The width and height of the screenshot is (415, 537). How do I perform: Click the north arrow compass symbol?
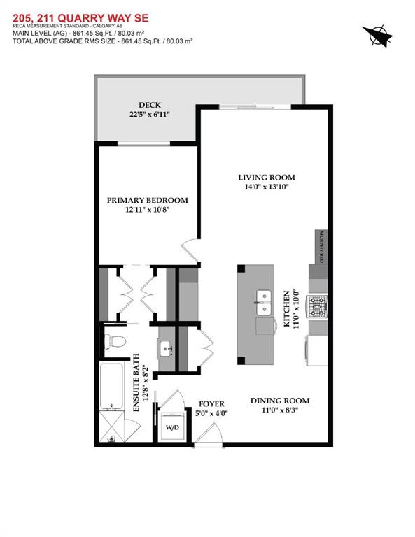[377, 36]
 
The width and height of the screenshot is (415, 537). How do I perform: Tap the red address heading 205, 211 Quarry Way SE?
[81, 18]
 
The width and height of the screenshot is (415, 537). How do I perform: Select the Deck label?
[150, 105]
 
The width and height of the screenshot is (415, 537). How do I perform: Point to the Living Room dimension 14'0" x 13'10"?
[267, 187]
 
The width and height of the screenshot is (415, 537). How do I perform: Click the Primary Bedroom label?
[148, 201]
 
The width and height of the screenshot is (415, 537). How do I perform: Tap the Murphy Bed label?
[321, 247]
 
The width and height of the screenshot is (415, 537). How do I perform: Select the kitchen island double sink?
[264, 303]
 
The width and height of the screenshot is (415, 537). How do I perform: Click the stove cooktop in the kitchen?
[317, 307]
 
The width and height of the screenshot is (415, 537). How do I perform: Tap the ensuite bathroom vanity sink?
[167, 349]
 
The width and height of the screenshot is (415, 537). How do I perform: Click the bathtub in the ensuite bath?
[111, 386]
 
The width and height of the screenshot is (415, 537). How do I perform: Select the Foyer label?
[211, 404]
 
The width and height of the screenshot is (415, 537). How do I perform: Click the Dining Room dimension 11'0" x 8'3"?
[280, 410]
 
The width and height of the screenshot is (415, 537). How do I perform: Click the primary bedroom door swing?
[190, 252]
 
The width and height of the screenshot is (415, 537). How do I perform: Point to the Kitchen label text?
[286, 308]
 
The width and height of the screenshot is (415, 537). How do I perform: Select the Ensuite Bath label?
[136, 382]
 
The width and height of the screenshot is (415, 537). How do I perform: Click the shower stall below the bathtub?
[111, 427]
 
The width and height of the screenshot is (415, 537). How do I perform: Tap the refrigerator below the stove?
[317, 350]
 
